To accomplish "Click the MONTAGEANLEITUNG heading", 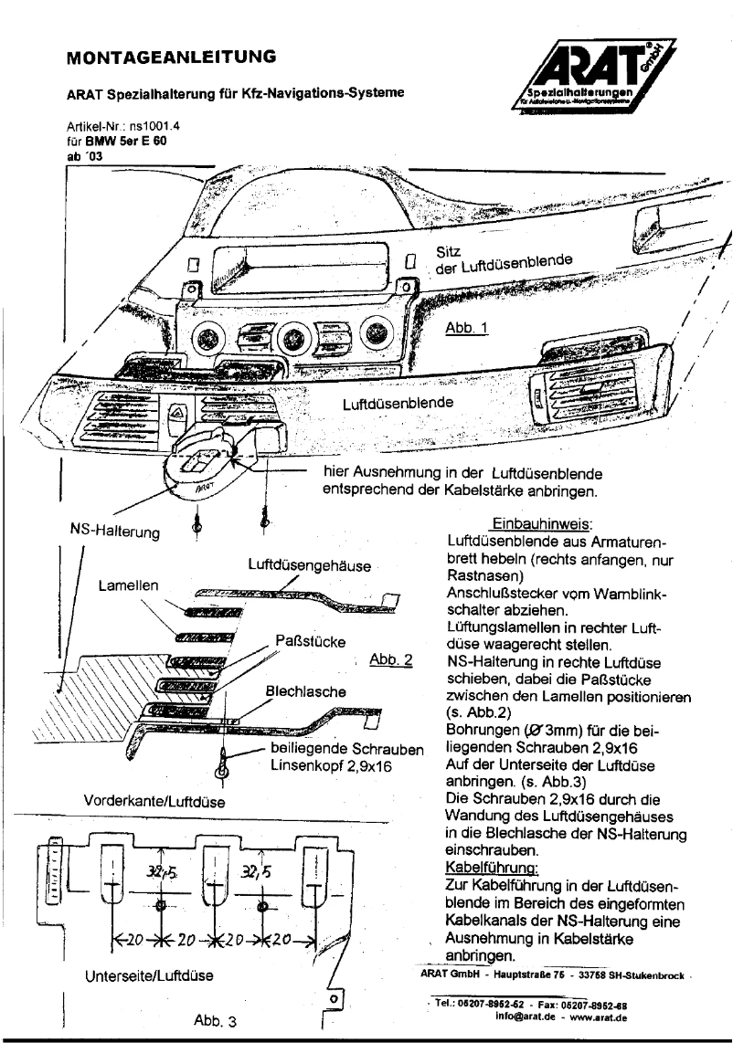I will point(173,58).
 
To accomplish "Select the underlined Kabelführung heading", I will point(485,861).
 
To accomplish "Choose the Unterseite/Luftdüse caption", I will point(149,975).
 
